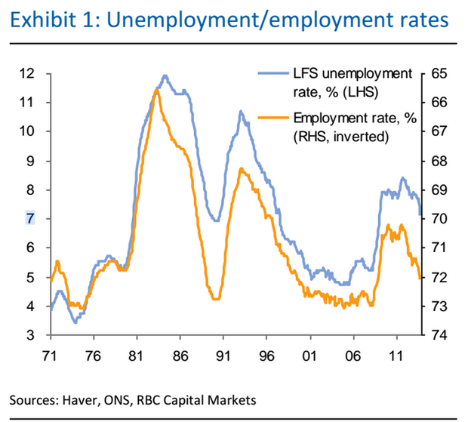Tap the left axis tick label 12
tap(29, 73)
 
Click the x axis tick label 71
tap(50, 353)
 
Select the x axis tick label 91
tap(223, 353)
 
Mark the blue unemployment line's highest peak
tap(165, 75)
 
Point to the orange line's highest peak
tap(156, 89)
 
